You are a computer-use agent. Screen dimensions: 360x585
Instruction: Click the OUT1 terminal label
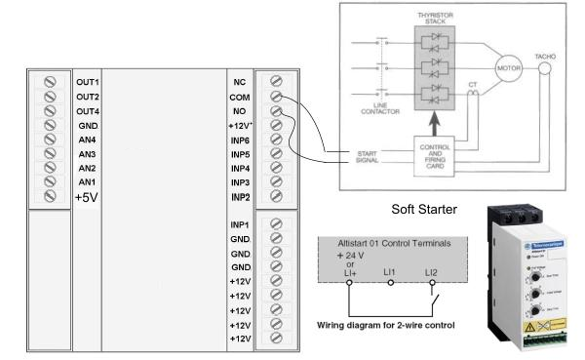click(88, 80)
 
